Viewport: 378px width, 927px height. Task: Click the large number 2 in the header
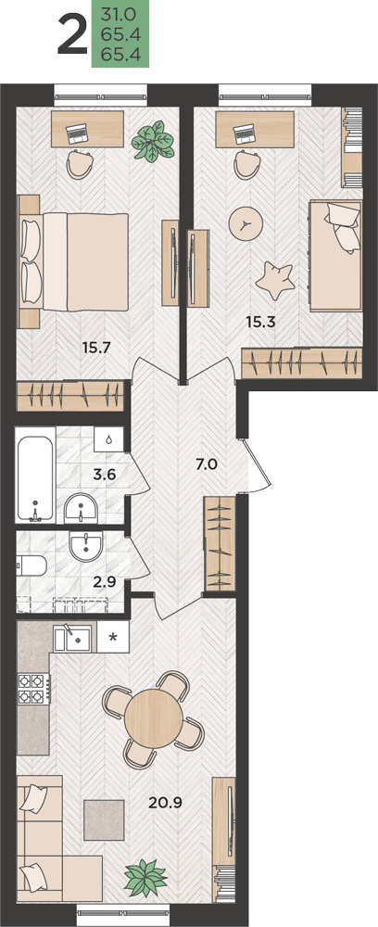72,37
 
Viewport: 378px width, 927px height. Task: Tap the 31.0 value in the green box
116,14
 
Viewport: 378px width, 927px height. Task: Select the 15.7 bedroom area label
97,348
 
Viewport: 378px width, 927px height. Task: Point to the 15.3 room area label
261,323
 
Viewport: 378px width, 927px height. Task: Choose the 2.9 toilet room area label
103,582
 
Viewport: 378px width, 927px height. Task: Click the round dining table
154,717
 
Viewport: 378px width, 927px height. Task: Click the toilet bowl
31,566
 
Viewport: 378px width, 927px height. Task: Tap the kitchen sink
72,639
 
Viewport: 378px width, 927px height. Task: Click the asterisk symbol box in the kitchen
112,638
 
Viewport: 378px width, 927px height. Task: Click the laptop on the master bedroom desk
77,134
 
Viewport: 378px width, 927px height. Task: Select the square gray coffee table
104,820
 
